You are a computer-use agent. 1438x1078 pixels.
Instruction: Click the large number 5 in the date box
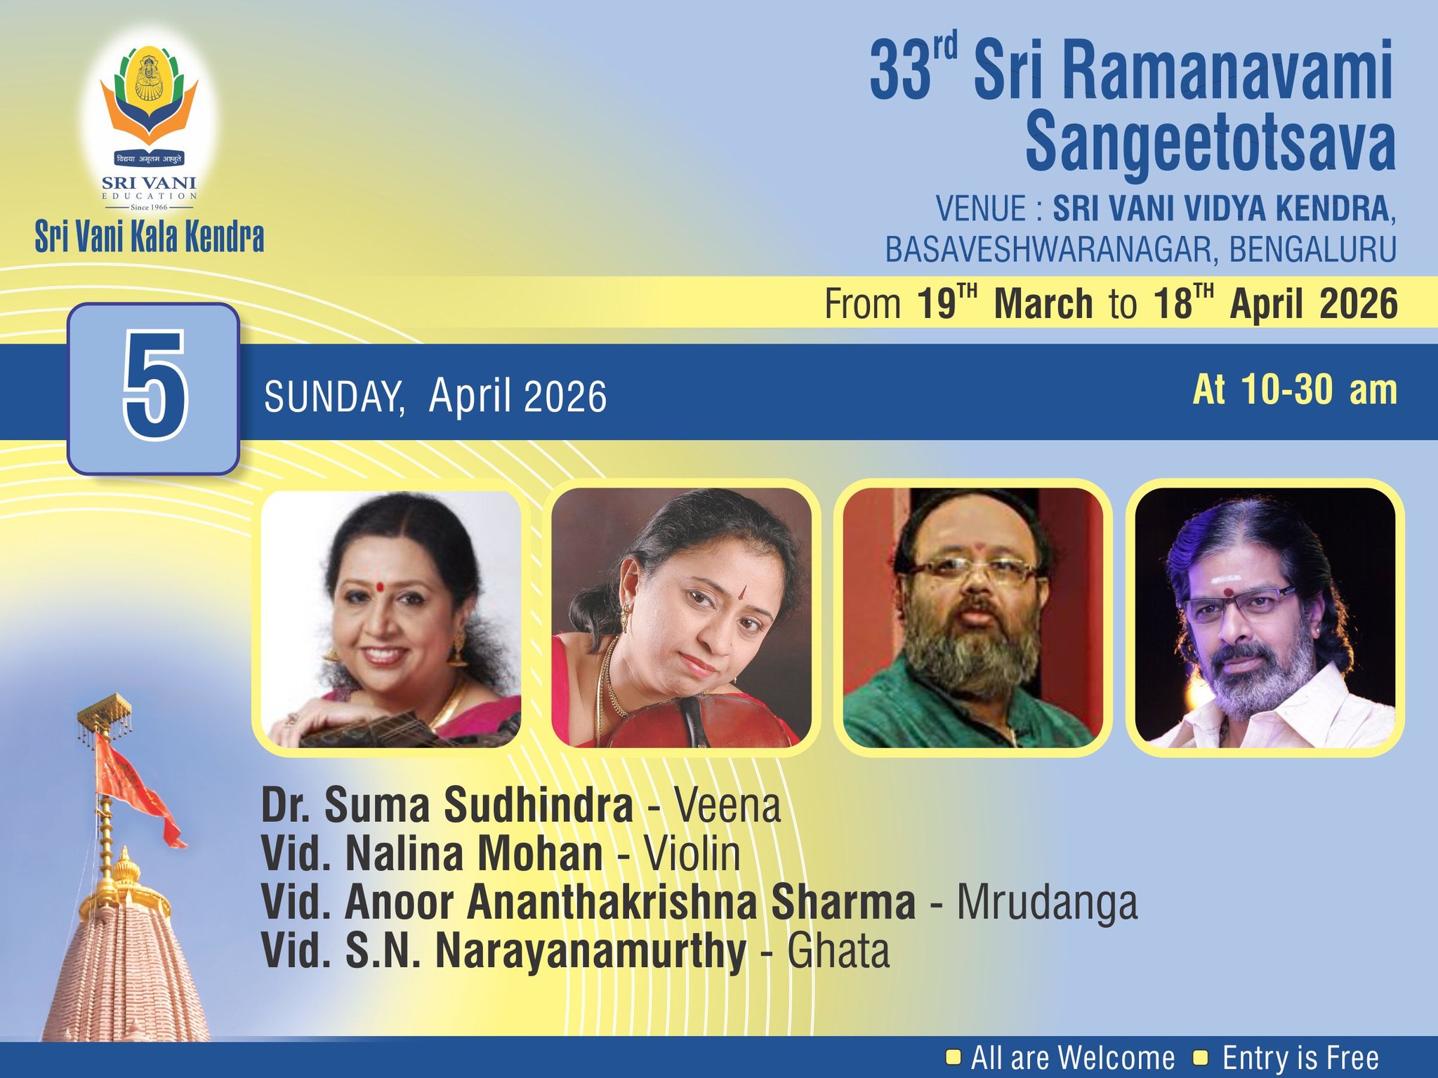[155, 388]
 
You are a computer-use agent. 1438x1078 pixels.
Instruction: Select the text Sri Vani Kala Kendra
[150, 237]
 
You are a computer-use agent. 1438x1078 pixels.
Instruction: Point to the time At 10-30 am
[1294, 390]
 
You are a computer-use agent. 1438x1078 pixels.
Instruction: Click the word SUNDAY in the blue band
[334, 397]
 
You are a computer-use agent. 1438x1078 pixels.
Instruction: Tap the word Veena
[727, 806]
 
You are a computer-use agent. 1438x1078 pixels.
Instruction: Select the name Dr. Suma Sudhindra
[447, 806]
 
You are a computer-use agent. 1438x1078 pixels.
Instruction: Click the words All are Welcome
[1072, 1058]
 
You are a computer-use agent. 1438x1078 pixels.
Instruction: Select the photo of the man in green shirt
[972, 618]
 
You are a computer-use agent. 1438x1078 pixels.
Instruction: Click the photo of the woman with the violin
[681, 618]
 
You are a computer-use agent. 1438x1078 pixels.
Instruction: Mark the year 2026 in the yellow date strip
[1359, 304]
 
